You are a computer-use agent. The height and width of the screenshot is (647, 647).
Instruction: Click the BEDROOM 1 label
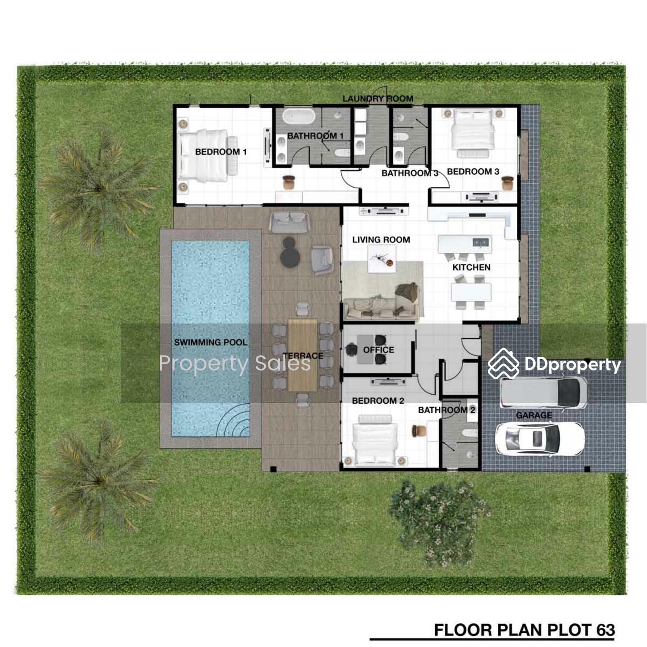(x=221, y=152)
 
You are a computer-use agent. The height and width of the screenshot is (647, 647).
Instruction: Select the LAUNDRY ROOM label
(x=378, y=99)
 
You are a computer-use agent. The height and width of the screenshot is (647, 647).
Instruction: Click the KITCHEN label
(x=471, y=267)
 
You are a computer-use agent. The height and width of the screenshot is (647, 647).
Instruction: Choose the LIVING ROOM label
(x=381, y=240)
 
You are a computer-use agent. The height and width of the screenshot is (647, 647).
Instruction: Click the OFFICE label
(x=378, y=350)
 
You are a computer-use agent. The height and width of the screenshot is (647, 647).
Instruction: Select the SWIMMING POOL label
(x=210, y=342)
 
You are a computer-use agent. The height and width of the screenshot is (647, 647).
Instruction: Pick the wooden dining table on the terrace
(x=302, y=355)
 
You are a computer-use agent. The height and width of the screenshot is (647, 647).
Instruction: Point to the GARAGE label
(x=534, y=415)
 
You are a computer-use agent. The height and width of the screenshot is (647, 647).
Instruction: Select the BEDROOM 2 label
(x=378, y=401)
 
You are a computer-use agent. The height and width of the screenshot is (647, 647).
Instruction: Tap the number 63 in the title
(x=606, y=630)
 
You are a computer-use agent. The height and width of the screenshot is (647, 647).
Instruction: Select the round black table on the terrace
(x=290, y=253)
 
